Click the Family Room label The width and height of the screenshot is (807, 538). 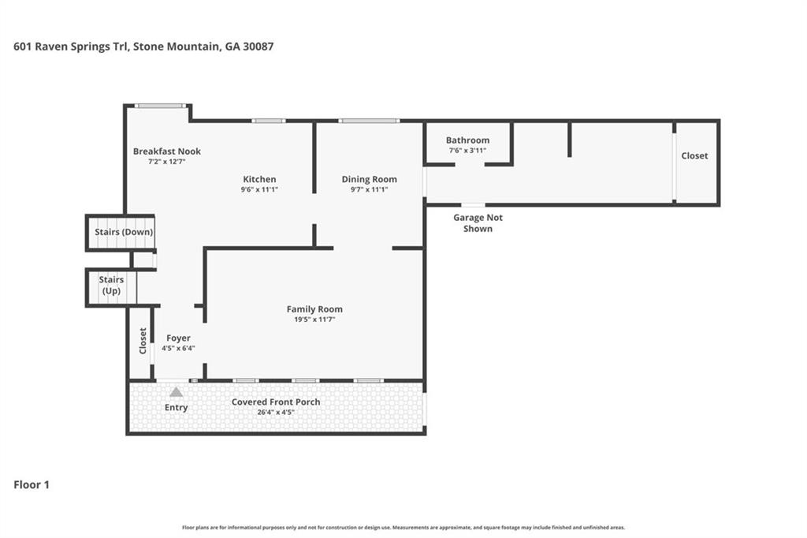[x=314, y=309]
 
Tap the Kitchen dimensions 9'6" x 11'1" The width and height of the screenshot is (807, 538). [x=259, y=189]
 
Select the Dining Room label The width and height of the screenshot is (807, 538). [x=370, y=179]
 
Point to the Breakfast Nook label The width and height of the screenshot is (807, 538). [x=167, y=151]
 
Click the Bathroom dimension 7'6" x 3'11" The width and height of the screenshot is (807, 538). [x=467, y=151]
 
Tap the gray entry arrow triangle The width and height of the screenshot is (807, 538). [x=176, y=392]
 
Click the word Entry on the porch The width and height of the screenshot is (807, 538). [x=176, y=408]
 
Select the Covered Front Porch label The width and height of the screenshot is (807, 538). [x=276, y=402]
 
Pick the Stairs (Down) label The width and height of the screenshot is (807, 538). [x=124, y=232]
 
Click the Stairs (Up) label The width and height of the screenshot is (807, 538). [x=111, y=285]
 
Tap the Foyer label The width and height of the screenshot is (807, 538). [x=178, y=338]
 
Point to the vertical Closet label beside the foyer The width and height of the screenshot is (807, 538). [x=143, y=341]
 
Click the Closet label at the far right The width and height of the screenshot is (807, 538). [x=694, y=155]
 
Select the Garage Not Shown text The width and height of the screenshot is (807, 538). [x=478, y=223]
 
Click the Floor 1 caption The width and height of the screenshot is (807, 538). [x=32, y=485]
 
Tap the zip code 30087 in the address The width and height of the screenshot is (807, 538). [x=258, y=47]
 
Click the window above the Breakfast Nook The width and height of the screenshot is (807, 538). [x=161, y=106]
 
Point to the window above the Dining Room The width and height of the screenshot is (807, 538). [x=369, y=121]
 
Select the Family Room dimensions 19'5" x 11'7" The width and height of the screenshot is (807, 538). [x=314, y=319]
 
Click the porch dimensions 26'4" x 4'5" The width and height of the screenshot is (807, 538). [x=276, y=413]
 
